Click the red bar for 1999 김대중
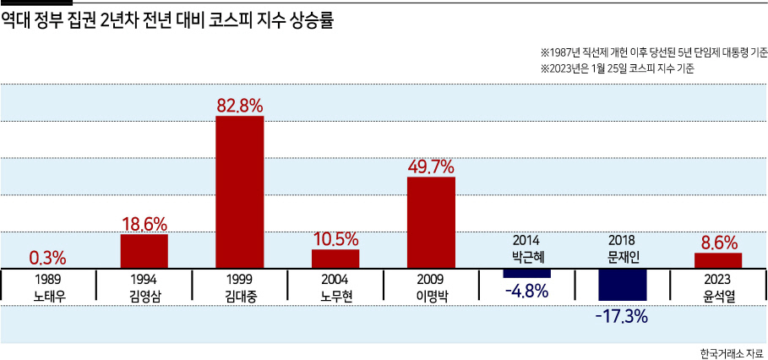point(240,192)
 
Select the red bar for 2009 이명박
point(432,222)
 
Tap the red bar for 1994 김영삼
point(144,251)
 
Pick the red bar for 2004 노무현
point(335,259)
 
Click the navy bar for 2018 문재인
point(623,285)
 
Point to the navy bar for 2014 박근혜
point(527,273)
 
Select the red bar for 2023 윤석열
point(718,260)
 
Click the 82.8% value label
point(240,106)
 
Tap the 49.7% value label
point(432,167)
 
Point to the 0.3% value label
point(48,257)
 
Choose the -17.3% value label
point(622,316)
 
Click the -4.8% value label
point(526,292)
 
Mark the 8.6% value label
point(718,243)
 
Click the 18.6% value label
point(144,224)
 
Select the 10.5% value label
point(335,239)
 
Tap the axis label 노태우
point(48,296)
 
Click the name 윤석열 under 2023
point(718,296)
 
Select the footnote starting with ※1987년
point(654,52)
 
